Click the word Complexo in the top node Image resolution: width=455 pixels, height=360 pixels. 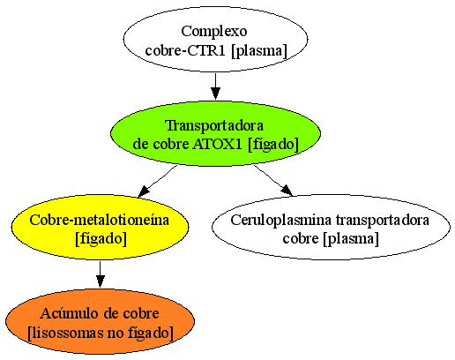(x=214, y=32)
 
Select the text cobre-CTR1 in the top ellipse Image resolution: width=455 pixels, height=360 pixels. (x=187, y=50)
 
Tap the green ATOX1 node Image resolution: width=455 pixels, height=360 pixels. (x=215, y=133)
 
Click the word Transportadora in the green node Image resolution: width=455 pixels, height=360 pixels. (x=214, y=125)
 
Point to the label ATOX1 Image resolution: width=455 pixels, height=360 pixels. (x=218, y=144)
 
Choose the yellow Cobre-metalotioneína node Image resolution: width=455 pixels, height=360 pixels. (x=100, y=227)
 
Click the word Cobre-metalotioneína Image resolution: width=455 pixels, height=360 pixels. (x=100, y=220)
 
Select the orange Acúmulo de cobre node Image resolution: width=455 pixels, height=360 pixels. (x=100, y=321)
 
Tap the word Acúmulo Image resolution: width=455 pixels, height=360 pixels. (x=70, y=313)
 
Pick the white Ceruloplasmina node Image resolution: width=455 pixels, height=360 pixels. (x=331, y=227)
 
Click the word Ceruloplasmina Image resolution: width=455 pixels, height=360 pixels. (x=281, y=220)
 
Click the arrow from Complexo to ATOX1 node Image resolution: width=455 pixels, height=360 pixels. (x=215, y=86)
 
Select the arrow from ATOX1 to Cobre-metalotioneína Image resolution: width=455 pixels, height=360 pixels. (x=158, y=181)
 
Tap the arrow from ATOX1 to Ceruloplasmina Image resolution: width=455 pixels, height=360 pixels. (x=273, y=180)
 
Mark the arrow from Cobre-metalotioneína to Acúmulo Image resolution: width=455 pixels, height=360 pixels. (x=101, y=274)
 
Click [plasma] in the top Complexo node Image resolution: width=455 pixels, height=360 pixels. (x=259, y=51)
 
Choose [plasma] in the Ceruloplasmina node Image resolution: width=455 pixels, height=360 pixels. (x=351, y=238)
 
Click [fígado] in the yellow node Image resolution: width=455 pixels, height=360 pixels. (x=101, y=238)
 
